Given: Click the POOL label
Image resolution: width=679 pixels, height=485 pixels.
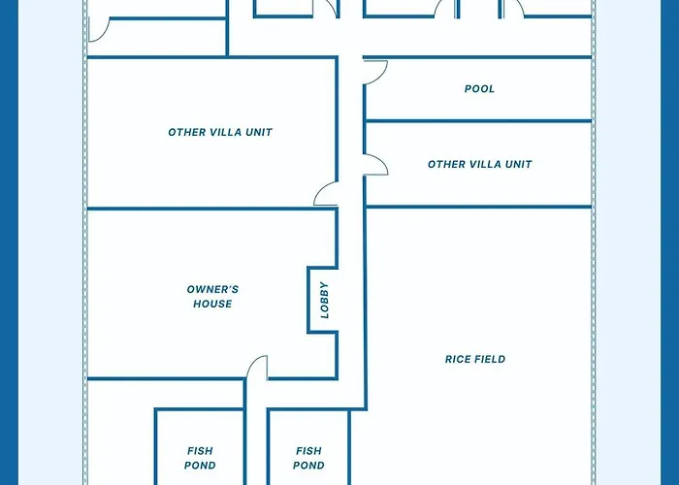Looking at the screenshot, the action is pyautogui.click(x=479, y=89).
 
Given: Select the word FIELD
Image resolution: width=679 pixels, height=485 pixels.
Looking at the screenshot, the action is pyautogui.click(x=490, y=359).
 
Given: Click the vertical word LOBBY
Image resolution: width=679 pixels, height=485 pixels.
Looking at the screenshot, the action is pyautogui.click(x=324, y=300).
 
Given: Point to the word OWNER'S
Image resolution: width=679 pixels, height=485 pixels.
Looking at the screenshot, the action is pyautogui.click(x=212, y=289).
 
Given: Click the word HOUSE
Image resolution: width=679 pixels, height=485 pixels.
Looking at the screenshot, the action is pyautogui.click(x=212, y=304).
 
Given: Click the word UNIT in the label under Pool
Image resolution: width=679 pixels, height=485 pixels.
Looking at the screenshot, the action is pyautogui.click(x=519, y=164).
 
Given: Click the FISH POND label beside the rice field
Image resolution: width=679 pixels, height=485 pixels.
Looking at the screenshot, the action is pyautogui.click(x=308, y=458).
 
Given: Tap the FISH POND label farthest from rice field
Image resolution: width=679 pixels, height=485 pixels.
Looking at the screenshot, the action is pyautogui.click(x=200, y=458).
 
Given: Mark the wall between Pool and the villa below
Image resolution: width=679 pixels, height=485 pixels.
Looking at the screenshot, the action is pyautogui.click(x=478, y=121).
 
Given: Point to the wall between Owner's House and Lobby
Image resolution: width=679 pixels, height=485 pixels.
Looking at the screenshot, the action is pyautogui.click(x=308, y=300).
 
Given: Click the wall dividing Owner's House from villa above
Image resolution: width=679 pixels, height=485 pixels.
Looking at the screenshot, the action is pyautogui.click(x=212, y=209).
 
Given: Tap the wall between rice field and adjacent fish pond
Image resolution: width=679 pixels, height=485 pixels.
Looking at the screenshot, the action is pyautogui.click(x=349, y=447).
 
